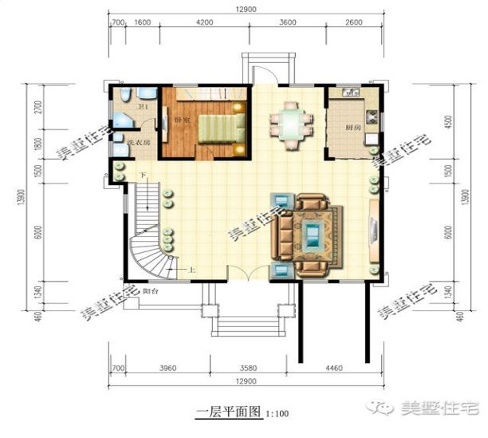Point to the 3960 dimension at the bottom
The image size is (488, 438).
click(167, 368)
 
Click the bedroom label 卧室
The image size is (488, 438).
click(180, 119)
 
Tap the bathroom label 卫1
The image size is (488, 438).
click(143, 106)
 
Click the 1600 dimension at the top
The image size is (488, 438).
click(143, 23)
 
